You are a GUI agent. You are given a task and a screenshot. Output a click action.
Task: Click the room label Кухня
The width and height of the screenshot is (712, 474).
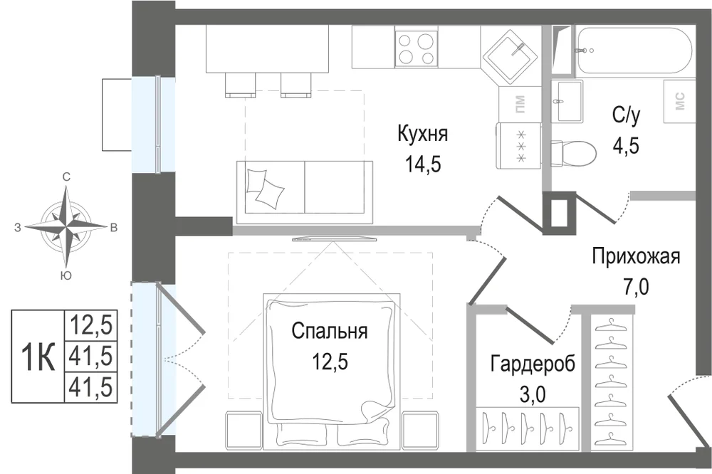(423, 135)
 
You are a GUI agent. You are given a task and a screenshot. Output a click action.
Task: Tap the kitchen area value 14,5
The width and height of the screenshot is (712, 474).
(423, 165)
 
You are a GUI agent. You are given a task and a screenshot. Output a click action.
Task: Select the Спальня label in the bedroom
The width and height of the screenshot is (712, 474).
(330, 331)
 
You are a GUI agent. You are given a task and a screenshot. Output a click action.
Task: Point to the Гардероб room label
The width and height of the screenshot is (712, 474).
(533, 364)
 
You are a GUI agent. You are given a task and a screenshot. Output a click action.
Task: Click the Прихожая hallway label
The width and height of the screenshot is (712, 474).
(636, 256)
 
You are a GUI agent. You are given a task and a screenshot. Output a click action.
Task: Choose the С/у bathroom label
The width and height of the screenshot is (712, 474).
(626, 116)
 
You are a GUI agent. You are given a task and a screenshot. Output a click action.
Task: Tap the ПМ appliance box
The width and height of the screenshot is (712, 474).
(520, 105)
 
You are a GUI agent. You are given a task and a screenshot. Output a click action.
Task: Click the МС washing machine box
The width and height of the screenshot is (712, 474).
(680, 101)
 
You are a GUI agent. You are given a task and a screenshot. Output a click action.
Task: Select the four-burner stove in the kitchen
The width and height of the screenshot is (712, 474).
(417, 48)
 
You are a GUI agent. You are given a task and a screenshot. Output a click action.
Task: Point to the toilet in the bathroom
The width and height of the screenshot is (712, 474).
(573, 151)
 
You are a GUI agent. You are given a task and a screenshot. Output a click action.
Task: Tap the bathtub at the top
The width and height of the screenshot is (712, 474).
(634, 50)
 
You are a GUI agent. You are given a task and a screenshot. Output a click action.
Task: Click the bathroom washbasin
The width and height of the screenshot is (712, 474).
(567, 101)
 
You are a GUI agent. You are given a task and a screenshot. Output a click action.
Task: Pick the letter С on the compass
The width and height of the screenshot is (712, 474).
(66, 177)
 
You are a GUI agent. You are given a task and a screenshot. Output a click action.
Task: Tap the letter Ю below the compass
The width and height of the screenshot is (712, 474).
(66, 275)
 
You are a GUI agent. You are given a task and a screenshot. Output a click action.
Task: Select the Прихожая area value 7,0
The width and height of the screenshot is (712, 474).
(636, 287)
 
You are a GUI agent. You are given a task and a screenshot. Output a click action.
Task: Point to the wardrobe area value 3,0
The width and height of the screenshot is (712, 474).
(533, 394)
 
